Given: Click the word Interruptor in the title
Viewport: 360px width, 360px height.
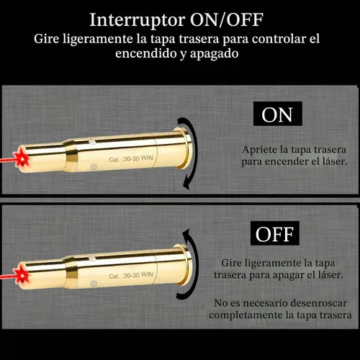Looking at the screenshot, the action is click(138, 20).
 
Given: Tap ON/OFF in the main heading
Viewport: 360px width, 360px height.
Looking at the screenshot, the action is click(227, 20).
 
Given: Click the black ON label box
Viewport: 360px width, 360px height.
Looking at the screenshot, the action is click(278, 114).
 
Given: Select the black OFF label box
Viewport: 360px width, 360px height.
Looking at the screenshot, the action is click(275, 233).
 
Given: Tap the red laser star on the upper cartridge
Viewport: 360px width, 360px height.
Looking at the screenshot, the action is click(21, 158).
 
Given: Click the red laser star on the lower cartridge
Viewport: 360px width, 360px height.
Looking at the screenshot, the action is click(21, 275).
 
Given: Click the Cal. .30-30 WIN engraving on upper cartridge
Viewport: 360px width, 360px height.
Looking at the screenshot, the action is click(131, 158).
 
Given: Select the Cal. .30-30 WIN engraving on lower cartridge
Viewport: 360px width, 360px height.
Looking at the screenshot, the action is click(131, 275).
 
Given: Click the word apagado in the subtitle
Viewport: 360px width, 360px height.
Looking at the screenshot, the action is click(214, 54).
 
